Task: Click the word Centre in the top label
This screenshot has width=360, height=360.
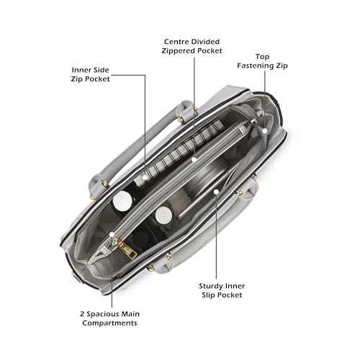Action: pos(177,42)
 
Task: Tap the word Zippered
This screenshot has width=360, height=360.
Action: pos(179,51)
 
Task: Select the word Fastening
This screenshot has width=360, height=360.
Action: pos(256,66)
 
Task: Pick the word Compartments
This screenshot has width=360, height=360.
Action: pos(109,323)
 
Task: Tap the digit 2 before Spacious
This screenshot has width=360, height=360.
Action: pos(82,314)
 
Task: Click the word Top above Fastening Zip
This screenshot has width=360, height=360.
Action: pos(262,57)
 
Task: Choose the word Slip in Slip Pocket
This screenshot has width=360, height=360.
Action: pos(208,295)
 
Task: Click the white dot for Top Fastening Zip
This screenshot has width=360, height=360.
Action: pos(265,131)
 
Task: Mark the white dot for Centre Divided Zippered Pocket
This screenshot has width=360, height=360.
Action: pos(194,159)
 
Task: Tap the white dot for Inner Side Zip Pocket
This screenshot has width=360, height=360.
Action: pos(145,177)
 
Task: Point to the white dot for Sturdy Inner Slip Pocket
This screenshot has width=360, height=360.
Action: pos(216,192)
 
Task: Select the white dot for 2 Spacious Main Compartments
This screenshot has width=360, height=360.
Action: pos(112,234)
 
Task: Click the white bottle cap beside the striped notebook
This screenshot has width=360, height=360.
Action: pos(122,201)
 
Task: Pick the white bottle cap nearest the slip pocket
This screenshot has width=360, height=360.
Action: pos(163,215)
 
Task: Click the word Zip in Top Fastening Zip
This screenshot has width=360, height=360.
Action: pos(282,66)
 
